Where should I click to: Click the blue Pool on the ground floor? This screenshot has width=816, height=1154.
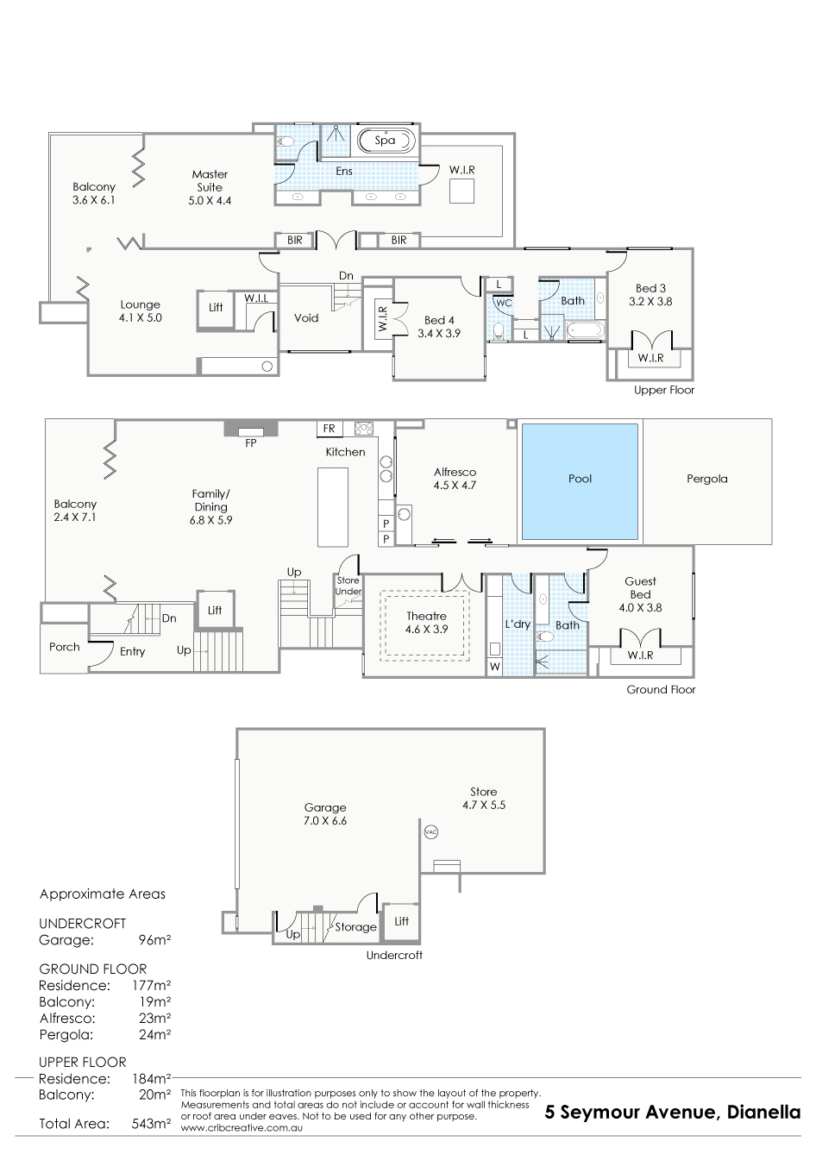[580, 481]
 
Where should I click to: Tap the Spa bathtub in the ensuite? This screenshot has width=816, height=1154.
[386, 140]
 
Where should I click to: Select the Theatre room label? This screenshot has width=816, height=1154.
[426, 616]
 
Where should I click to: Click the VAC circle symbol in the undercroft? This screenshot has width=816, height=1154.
[430, 831]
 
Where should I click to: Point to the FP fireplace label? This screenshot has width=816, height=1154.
[250, 443]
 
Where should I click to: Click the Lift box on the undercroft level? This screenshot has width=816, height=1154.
[401, 921]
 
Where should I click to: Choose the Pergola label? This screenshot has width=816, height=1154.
[706, 479]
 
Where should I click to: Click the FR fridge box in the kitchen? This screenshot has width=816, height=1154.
[330, 428]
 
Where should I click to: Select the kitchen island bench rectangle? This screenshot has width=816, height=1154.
[333, 507]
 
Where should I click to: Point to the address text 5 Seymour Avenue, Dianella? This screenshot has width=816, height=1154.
[673, 1113]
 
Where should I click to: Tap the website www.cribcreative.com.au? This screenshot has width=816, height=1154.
[242, 1128]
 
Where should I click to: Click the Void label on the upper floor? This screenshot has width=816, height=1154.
[306, 318]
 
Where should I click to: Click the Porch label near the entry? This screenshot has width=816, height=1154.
[65, 647]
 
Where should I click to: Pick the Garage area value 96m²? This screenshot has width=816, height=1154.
[154, 940]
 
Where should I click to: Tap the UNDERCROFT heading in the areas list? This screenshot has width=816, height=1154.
[83, 923]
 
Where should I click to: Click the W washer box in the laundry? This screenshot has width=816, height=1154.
[494, 667]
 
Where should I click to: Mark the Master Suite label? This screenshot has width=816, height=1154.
[210, 181]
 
